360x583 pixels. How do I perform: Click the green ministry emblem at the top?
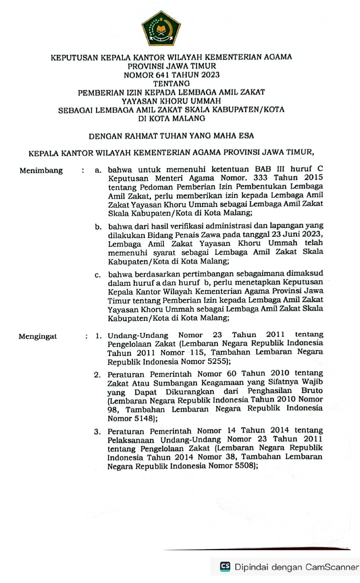(x=161, y=29)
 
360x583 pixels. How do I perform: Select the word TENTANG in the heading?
(x=171, y=83)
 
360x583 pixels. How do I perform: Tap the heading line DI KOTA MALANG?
(x=171, y=118)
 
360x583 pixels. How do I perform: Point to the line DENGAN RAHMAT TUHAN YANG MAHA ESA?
(x=171, y=136)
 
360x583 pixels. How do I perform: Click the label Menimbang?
(x=41, y=171)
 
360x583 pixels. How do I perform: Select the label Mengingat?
(x=38, y=337)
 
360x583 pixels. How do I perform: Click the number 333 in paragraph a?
(x=260, y=178)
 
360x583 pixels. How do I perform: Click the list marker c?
(x=98, y=275)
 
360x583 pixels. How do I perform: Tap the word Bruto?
(x=312, y=391)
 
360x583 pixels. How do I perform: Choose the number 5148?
(x=142, y=418)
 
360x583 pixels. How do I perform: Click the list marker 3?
(x=97, y=432)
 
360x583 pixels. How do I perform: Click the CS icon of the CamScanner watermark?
(x=225, y=566)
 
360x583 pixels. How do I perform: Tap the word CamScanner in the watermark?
(x=332, y=567)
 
